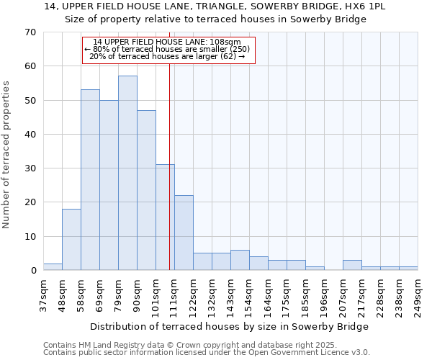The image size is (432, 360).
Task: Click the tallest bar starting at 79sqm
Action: pos(127,173)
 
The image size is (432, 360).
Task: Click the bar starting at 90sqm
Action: pos(146,190)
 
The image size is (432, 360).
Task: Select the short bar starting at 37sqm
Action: pos(53,267)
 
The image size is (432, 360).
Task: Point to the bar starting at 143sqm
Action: pos(240,260)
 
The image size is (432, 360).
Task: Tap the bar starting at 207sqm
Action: pos(352,265)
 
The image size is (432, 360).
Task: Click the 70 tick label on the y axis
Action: pos(30,32)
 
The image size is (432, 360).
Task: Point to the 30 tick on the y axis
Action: pos(30,168)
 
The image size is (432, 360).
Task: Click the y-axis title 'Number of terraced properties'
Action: pos(6,155)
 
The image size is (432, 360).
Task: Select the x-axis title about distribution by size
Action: pos(230,326)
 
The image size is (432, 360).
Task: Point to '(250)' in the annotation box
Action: pos(240,50)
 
